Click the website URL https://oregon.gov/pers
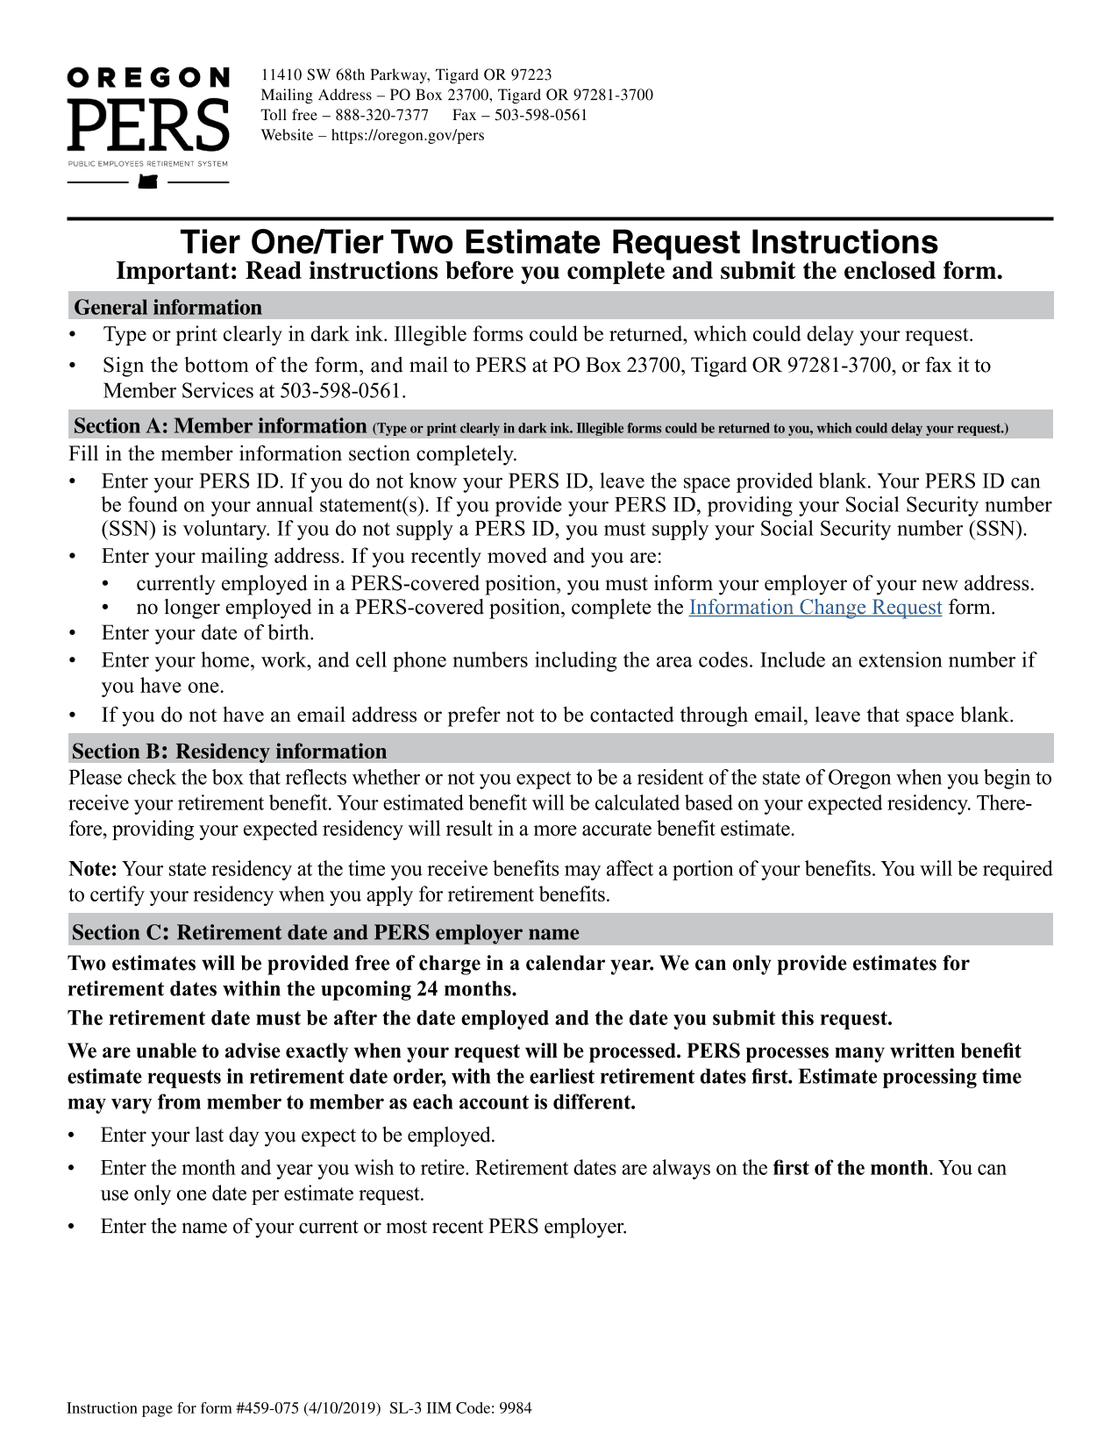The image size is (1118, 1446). (408, 135)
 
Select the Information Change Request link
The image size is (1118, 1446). (815, 608)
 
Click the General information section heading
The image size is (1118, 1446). (167, 308)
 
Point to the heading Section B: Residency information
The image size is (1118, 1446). (229, 751)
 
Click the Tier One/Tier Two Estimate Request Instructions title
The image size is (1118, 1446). (559, 242)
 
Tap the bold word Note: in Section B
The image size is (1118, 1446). (93, 869)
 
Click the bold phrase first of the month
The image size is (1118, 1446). (850, 1168)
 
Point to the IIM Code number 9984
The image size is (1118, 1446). (516, 1408)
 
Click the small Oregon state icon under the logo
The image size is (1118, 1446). (148, 182)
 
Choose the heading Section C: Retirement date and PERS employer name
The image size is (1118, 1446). (325, 932)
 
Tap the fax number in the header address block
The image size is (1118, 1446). (540, 115)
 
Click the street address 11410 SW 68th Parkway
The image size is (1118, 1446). (344, 75)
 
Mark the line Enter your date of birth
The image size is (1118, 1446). (208, 633)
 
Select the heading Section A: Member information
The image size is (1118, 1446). (220, 426)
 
